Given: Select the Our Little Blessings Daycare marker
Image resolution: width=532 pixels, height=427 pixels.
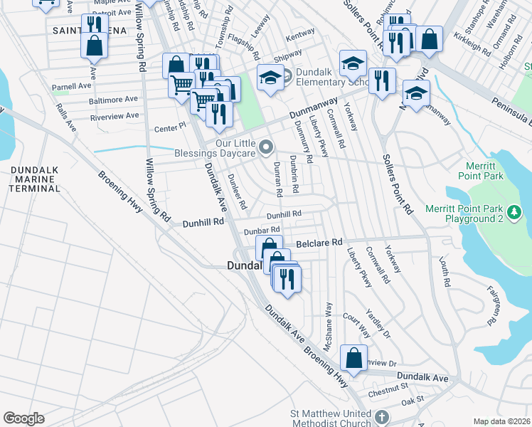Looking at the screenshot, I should tap(267, 147).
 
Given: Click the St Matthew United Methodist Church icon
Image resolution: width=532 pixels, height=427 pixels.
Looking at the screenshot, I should tap(381, 417).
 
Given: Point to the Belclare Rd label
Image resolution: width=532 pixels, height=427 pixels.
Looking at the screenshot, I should tap(319, 242).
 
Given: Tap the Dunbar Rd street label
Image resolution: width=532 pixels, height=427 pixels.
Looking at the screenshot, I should tap(261, 231).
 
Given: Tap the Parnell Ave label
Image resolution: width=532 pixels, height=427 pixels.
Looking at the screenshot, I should tap(71, 86).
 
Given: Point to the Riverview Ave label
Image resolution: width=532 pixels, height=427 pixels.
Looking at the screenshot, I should tap(114, 116).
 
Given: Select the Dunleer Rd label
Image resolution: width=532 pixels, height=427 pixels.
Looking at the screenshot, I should tap(236, 191).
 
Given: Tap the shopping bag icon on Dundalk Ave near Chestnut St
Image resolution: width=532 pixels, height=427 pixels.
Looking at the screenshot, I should tap(353, 358).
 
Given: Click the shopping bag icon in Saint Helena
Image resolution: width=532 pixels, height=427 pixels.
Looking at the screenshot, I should tap(94, 46).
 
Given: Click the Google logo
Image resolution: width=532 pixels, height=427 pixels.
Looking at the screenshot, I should tap(23, 418).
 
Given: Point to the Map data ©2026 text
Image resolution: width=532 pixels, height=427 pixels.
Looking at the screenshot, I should tap(501, 421).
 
